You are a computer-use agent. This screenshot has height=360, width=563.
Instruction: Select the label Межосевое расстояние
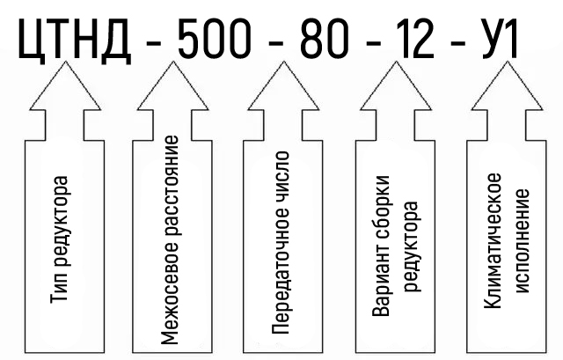(x=172, y=239)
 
